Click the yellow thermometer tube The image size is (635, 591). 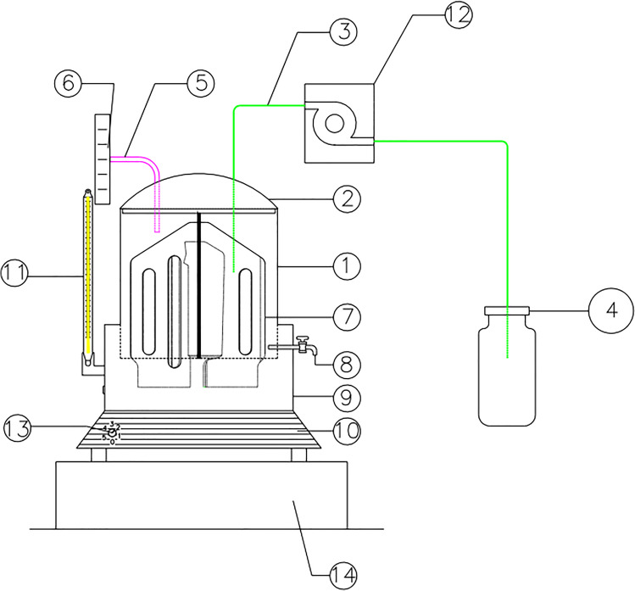(x=87, y=271)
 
